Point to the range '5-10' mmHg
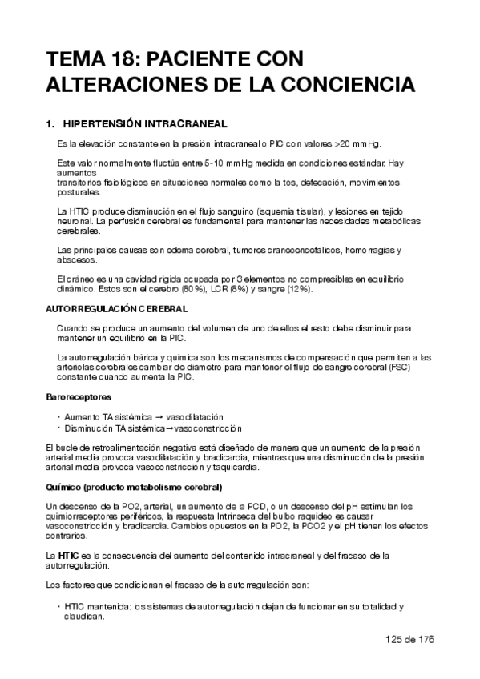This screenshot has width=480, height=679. pos(217,163)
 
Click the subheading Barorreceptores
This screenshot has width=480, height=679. pos(79,396)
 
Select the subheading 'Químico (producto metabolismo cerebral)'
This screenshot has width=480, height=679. pos(134,487)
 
